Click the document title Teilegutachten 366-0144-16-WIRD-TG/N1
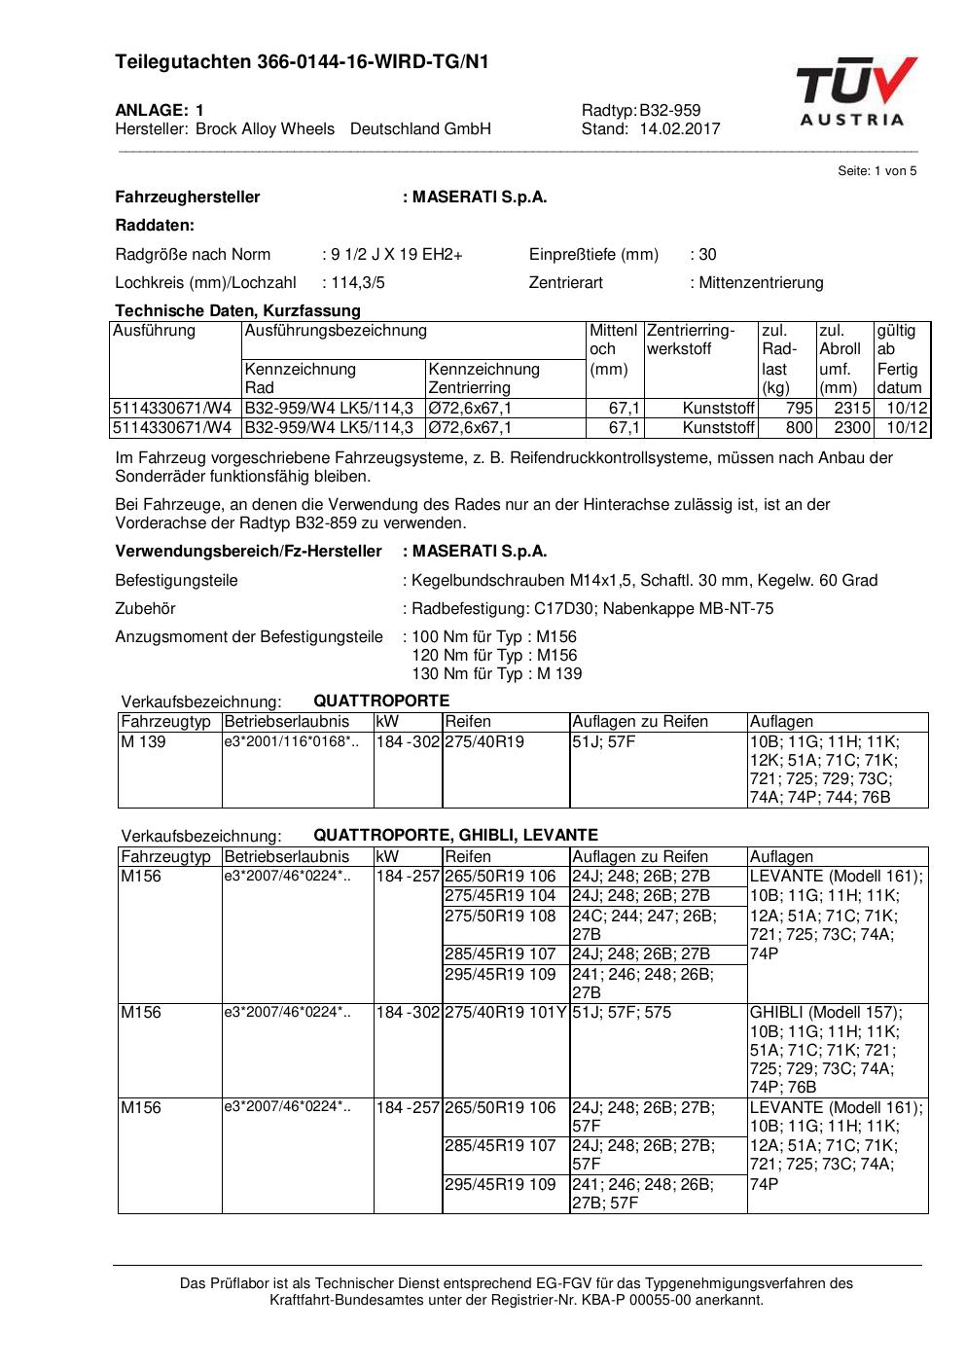click(302, 62)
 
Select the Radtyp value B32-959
click(669, 110)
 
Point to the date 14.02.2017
click(680, 128)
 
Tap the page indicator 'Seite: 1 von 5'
click(877, 171)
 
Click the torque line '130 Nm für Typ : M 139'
click(497, 674)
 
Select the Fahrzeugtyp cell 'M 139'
click(143, 742)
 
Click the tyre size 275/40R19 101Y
click(505, 1013)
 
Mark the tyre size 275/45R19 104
click(500, 896)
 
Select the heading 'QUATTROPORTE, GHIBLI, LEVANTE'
click(455, 836)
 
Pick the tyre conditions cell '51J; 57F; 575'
click(622, 1013)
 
